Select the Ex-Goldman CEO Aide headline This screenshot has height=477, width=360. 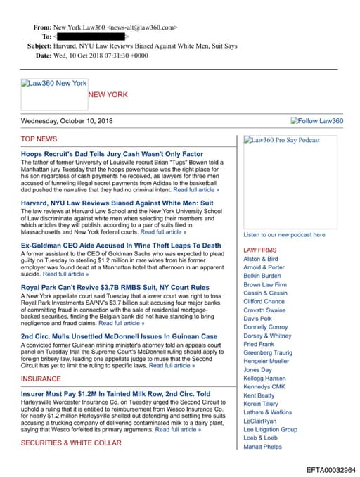121,246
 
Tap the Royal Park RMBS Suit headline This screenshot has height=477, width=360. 115,287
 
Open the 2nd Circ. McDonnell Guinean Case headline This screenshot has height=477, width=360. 119,336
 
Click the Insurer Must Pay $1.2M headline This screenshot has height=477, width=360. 115,394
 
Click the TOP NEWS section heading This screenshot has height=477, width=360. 39,139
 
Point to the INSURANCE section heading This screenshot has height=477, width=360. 41,379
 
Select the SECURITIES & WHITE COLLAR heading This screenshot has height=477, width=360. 71,443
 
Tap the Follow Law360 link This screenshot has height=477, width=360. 317,121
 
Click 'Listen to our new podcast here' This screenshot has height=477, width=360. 284,235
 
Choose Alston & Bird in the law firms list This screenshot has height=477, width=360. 260,259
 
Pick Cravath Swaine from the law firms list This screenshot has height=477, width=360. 264,310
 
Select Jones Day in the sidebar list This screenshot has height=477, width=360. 257,369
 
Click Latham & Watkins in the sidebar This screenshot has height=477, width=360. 268,412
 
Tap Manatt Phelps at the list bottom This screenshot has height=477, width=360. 262,446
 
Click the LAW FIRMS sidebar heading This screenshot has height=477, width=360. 259,250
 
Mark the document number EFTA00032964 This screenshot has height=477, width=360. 330,469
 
